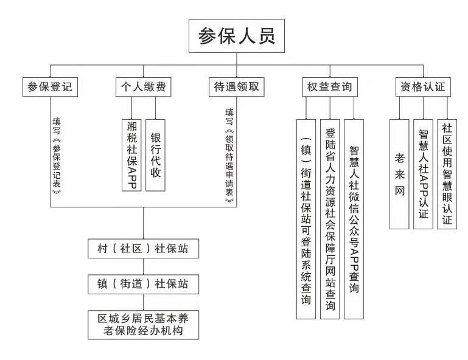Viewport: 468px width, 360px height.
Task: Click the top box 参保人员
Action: click(236, 36)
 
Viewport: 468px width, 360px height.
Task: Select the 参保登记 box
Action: click(50, 87)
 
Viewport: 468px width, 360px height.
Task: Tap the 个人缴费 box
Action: click(143, 87)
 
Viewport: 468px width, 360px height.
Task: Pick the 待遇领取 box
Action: click(236, 87)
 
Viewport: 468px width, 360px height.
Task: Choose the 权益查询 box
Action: click(330, 87)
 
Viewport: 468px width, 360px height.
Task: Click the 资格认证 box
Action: click(423, 87)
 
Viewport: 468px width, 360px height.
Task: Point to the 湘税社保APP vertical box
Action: click(131, 155)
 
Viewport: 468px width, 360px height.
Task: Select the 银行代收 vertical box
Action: click(155, 155)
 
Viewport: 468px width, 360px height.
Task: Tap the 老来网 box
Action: click(399, 174)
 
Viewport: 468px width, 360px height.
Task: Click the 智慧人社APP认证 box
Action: click(423, 174)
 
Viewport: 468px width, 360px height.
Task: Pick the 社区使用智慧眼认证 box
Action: click(447, 174)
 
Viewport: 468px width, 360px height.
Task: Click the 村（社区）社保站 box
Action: click(143, 249)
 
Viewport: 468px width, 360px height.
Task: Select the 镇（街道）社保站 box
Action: click(143, 284)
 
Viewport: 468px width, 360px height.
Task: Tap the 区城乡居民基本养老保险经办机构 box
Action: click(143, 325)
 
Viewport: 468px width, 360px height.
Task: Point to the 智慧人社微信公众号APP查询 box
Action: click(354, 219)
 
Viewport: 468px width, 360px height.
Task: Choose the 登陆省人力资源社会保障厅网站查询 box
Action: click(330, 219)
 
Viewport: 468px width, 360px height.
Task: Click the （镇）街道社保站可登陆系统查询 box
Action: click(306, 219)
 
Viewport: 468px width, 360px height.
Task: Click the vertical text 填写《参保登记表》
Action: click(57, 156)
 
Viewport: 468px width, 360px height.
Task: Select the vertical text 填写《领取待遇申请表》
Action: click(229, 156)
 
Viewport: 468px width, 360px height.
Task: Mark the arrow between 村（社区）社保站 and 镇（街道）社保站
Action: click(143, 266)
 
